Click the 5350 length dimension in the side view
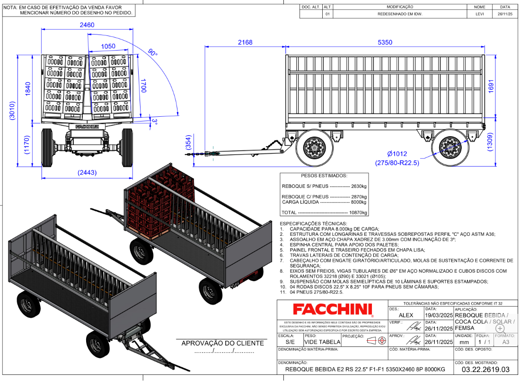point(385,42)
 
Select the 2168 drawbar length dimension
point(245,42)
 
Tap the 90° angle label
point(152,53)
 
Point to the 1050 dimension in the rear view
point(108,46)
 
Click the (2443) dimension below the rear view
point(87,173)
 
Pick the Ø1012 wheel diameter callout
point(397,154)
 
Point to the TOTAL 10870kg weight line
point(324,213)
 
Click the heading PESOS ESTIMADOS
point(324,175)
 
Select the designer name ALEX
point(406,315)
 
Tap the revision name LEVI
point(480,14)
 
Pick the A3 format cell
point(506,342)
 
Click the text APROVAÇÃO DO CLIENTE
point(224,343)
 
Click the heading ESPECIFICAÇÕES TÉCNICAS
point(313,223)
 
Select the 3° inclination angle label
point(154,121)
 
